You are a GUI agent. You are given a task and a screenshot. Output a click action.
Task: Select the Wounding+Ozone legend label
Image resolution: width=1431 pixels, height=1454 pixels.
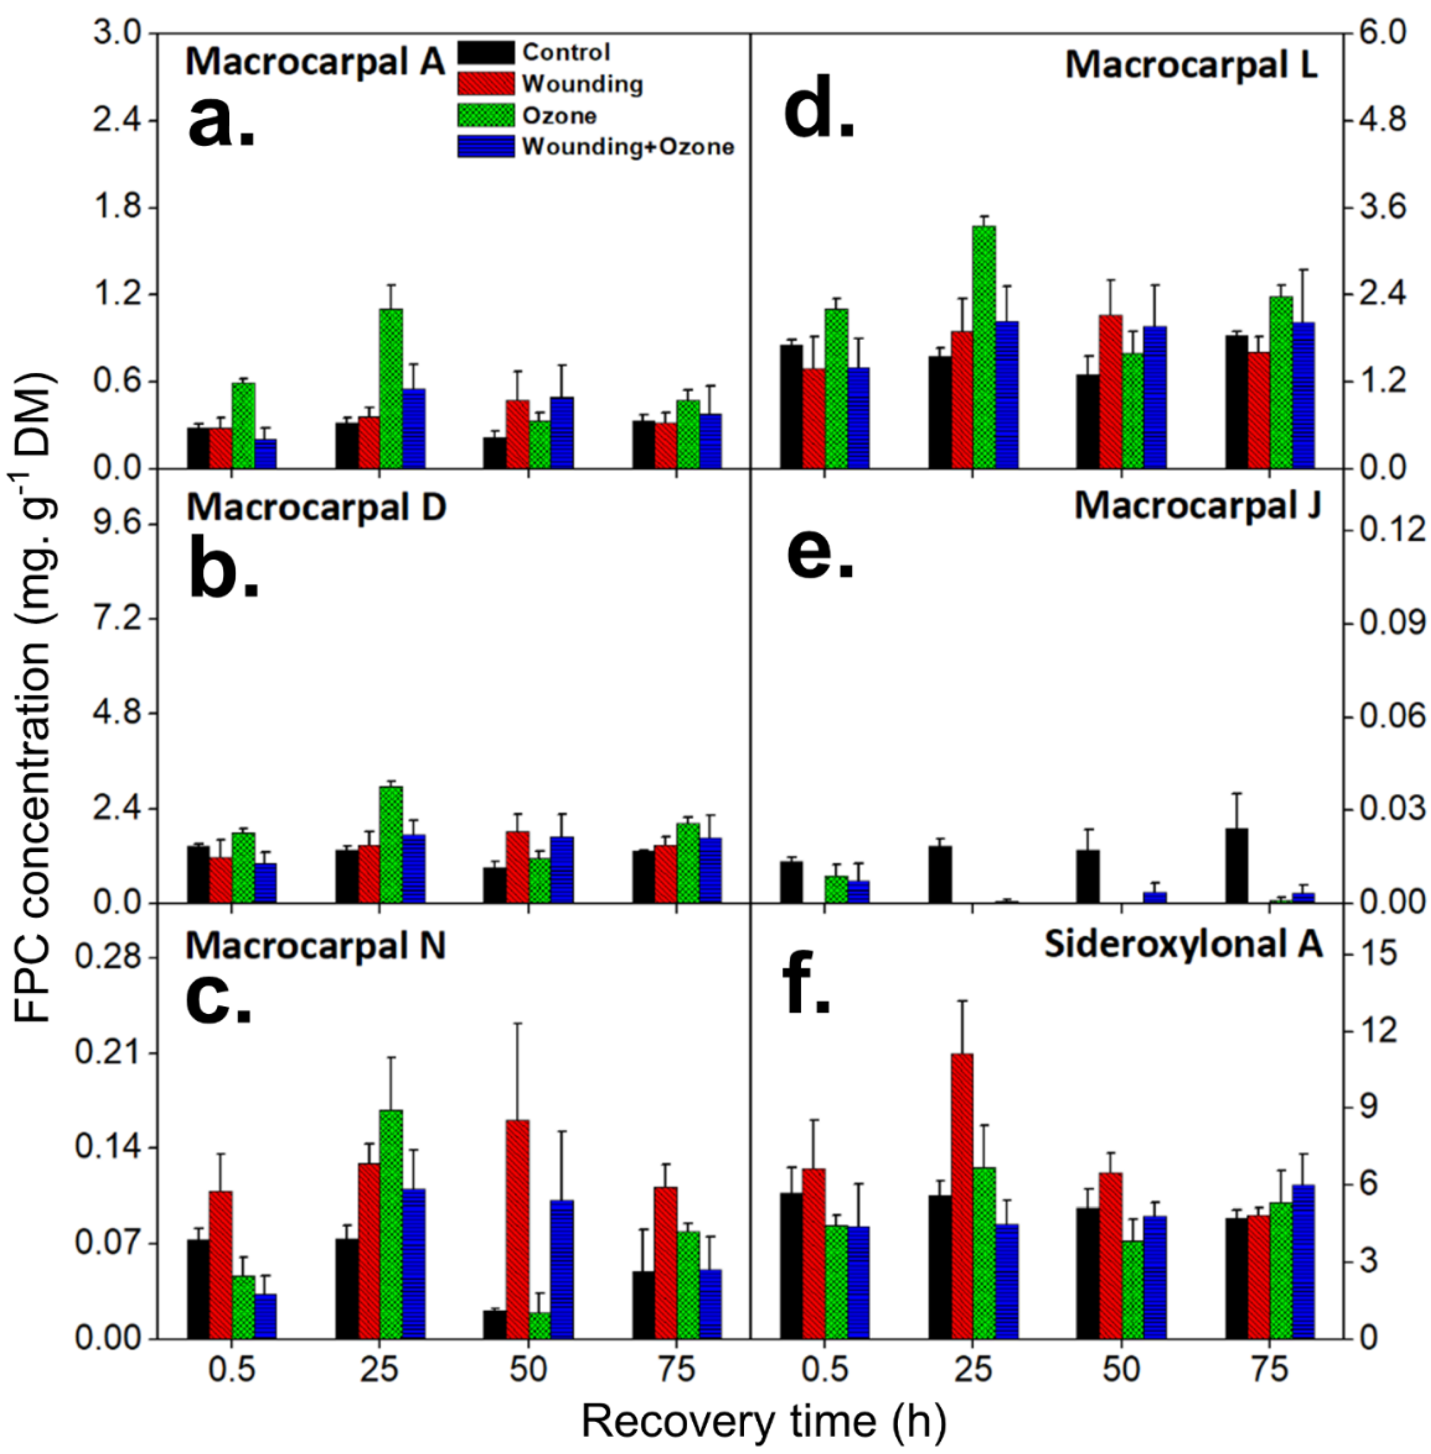(x=627, y=147)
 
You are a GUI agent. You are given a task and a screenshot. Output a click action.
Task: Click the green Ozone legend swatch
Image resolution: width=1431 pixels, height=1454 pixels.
(x=485, y=115)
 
